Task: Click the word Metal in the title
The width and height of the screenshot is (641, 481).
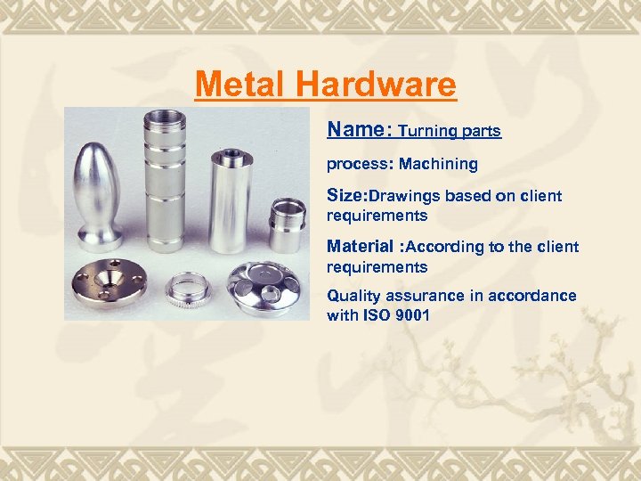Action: [242, 85]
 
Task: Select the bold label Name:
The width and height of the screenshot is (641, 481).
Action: [359, 129]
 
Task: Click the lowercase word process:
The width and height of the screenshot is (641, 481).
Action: [359, 165]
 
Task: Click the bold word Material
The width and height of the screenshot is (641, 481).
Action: [360, 247]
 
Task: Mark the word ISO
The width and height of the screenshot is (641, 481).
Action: [375, 315]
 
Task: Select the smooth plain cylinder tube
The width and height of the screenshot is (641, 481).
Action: [227, 201]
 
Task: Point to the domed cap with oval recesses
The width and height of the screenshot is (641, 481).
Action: [268, 285]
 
